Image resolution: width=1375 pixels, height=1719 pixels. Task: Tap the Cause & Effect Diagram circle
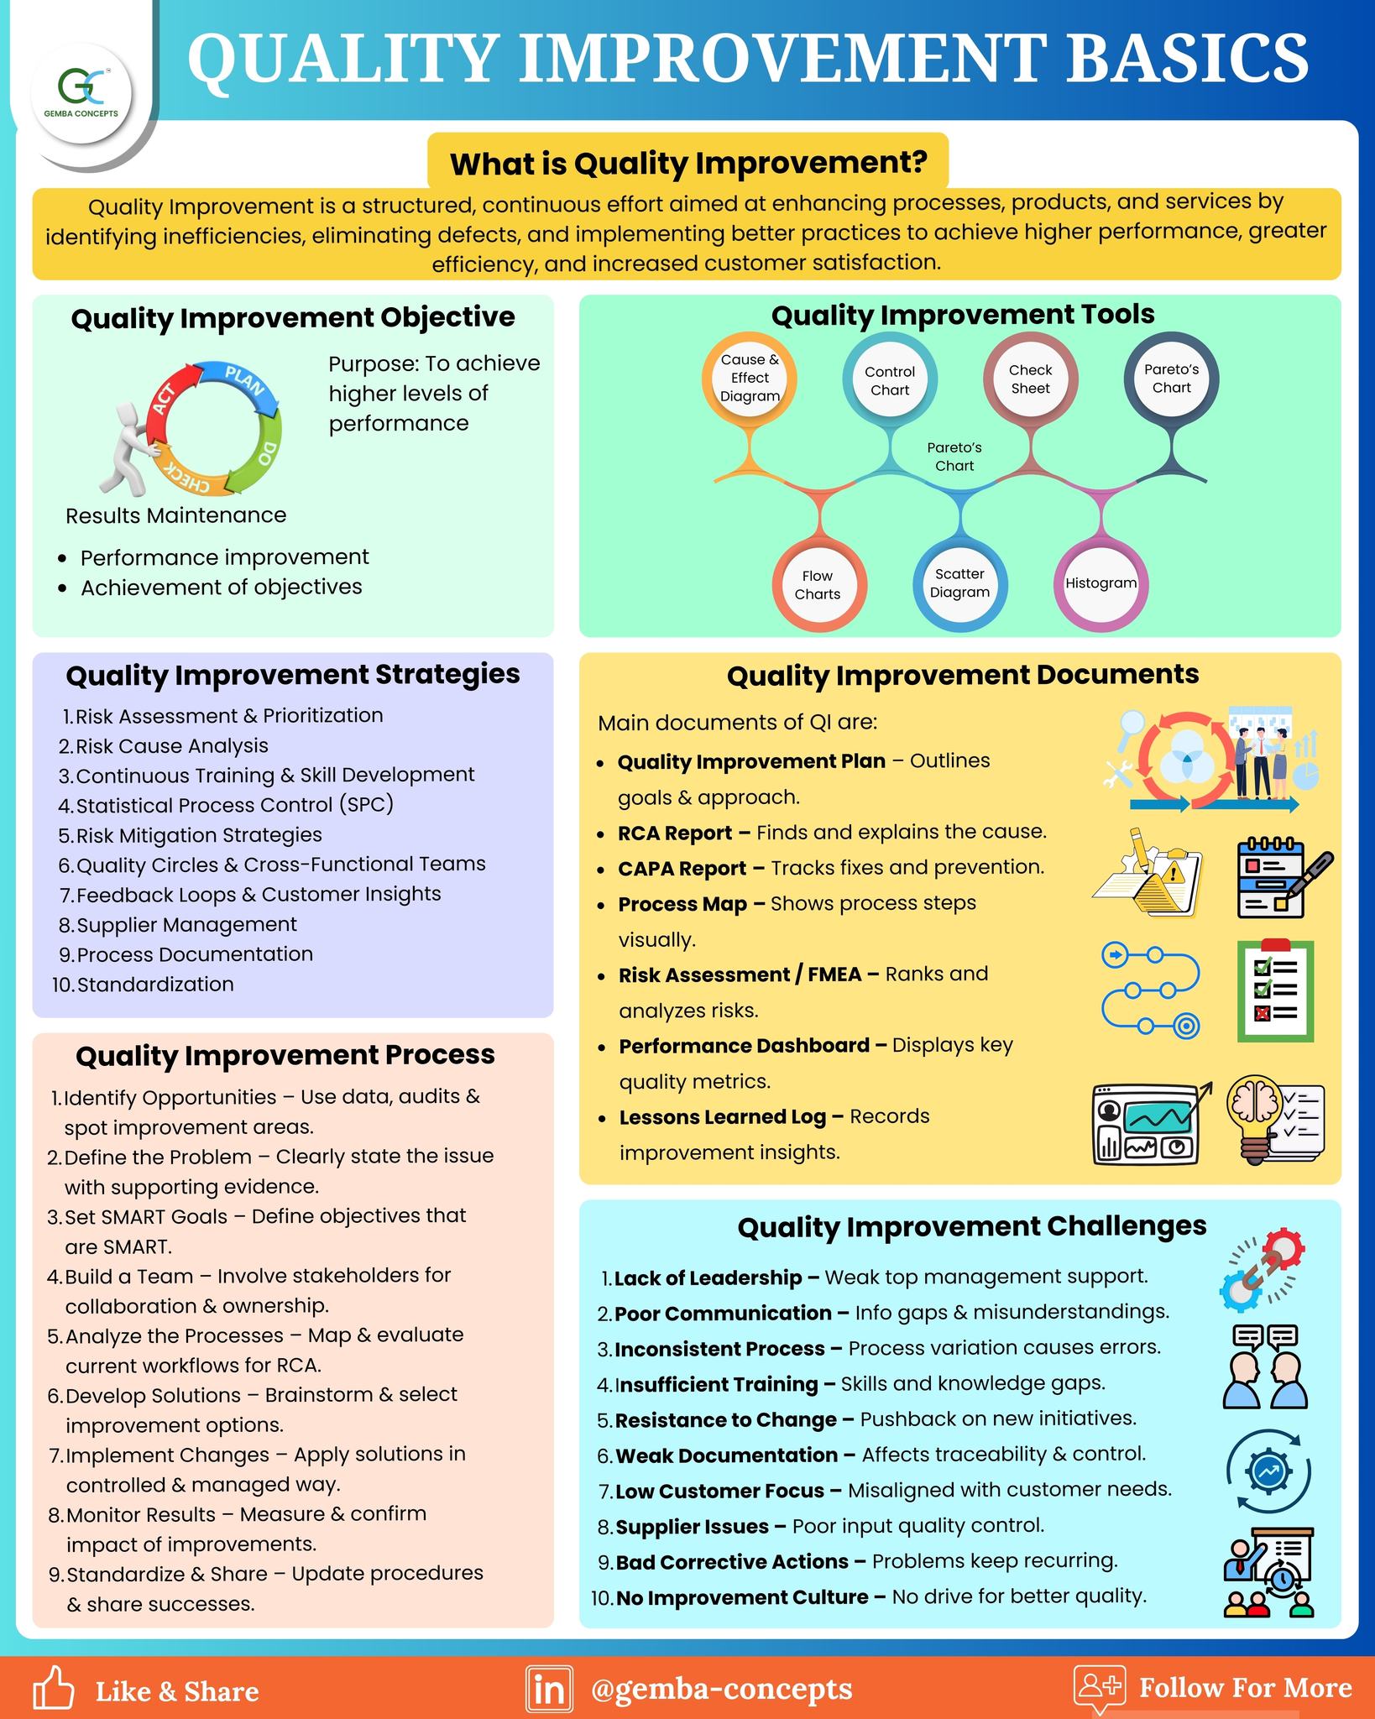750,379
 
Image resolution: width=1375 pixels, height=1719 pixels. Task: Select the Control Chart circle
890,380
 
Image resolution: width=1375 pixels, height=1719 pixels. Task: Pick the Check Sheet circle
1030,379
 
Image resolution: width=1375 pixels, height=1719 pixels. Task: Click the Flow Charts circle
818,584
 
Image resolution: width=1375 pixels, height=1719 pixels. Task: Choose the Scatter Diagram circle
960,583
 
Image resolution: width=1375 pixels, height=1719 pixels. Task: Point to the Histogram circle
1101,583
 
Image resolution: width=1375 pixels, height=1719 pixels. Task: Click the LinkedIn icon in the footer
549,1689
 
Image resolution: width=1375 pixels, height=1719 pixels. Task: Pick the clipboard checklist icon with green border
1275,990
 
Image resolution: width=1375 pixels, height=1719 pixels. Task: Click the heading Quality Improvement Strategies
293,675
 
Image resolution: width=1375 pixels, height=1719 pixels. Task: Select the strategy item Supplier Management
186,924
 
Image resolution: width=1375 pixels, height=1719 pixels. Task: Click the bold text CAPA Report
682,869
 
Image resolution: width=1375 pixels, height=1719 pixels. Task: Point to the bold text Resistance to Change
726,1420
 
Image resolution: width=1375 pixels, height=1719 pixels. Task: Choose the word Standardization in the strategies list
155,984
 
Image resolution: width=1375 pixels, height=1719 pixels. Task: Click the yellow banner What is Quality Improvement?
688,162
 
